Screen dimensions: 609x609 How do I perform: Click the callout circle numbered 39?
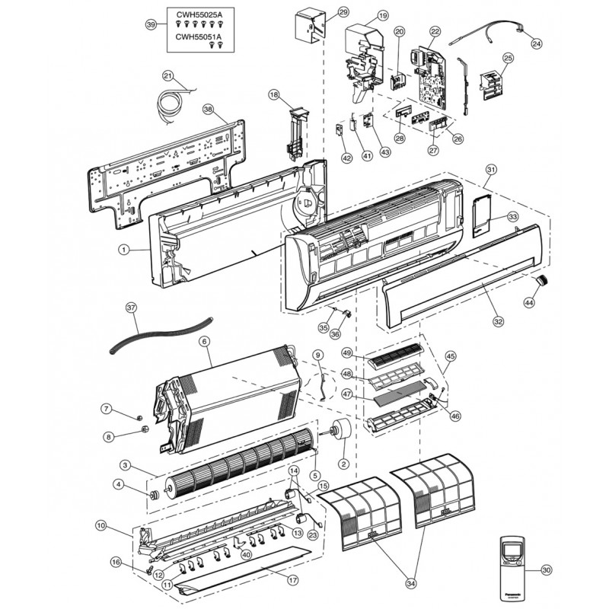point(151,25)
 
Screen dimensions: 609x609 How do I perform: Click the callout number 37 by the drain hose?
point(131,308)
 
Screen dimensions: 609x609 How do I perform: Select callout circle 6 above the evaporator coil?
point(204,342)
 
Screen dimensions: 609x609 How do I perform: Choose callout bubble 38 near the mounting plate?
point(208,110)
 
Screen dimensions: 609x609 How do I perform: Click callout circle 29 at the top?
point(343,12)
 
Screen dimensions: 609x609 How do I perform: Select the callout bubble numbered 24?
point(537,44)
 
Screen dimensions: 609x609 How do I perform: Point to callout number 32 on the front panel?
point(498,322)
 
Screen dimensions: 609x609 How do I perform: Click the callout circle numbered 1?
point(124,249)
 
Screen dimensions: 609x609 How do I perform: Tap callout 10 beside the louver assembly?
point(101,525)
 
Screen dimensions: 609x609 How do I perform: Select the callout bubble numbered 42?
point(346,158)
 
